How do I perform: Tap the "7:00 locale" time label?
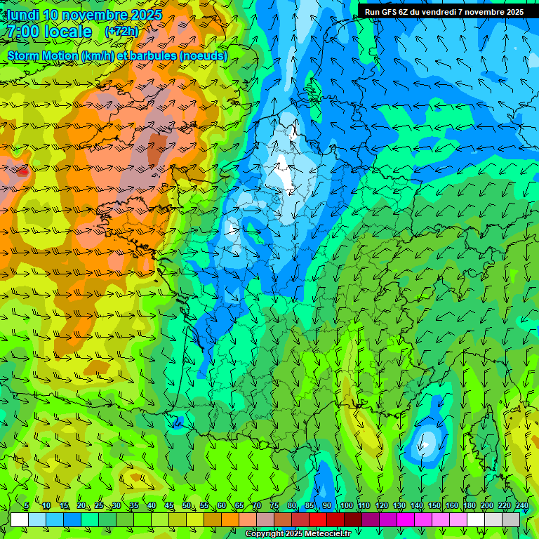[x=49, y=32]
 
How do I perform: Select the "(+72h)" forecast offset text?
[x=121, y=32]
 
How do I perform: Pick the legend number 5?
[x=27, y=505]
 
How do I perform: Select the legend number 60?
[x=221, y=505]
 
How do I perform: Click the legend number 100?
[x=346, y=505]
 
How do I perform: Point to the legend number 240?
[x=521, y=505]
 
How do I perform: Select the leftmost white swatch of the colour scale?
[x=19, y=519]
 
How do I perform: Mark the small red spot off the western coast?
[x=23, y=171]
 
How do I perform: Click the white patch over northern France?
[x=285, y=173]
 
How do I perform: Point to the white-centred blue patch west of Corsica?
[x=425, y=444]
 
